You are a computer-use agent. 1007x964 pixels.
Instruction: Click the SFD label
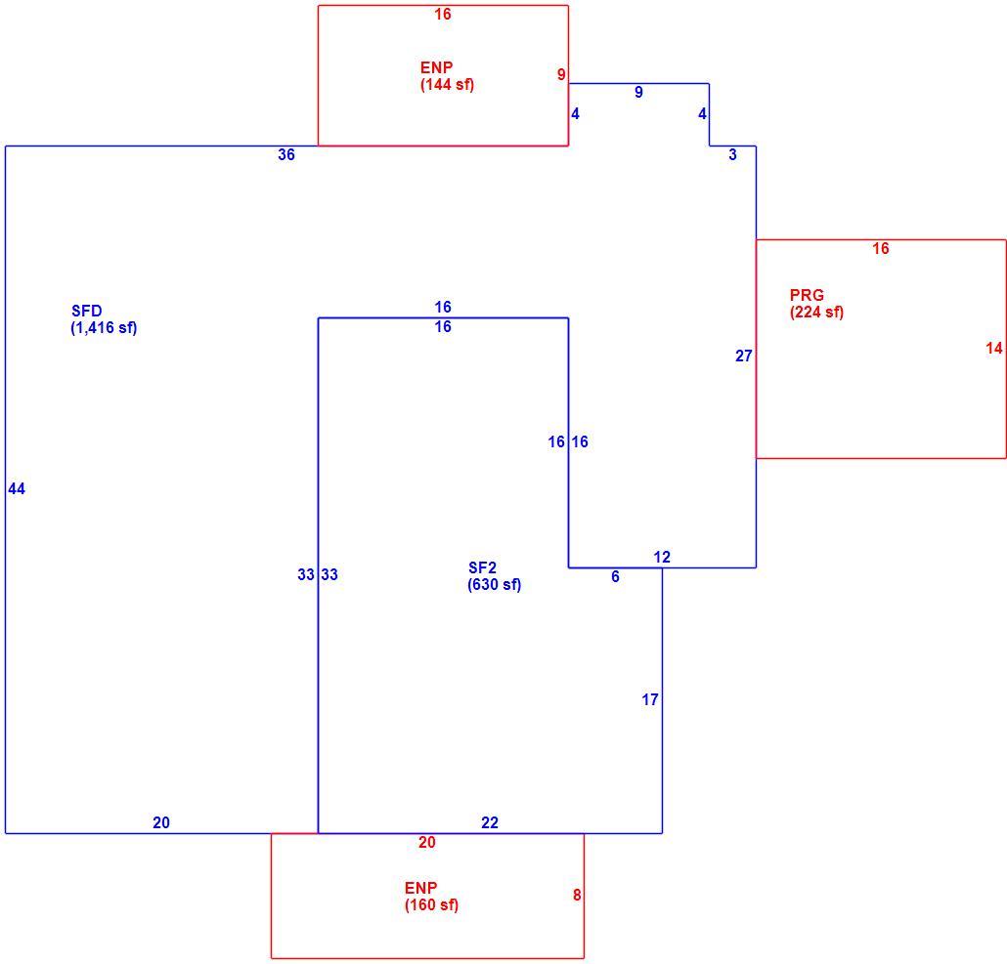[87, 311]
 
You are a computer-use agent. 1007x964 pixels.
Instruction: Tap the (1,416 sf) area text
[104, 328]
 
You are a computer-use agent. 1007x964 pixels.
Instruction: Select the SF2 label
[482, 567]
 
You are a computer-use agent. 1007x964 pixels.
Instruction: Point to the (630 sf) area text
[495, 584]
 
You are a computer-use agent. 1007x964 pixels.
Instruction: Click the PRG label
[807, 295]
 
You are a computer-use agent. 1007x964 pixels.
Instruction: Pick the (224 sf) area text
[817, 312]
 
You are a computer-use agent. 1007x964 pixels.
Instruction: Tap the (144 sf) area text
[448, 84]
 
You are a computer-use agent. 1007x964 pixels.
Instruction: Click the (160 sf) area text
[431, 905]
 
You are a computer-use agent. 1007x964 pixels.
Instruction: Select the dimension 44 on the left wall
[17, 488]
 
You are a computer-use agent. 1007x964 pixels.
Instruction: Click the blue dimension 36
[286, 154]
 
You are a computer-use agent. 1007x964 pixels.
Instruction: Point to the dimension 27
[744, 356]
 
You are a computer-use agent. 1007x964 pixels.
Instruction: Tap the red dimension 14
[994, 349]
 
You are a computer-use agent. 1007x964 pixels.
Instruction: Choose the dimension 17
[650, 699]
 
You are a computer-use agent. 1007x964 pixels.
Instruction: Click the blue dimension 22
[490, 823]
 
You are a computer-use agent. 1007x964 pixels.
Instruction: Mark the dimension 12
[662, 557]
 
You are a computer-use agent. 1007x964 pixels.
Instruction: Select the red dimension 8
[577, 895]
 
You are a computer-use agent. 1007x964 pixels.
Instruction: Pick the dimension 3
[733, 154]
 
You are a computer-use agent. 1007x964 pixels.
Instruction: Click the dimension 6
[615, 576]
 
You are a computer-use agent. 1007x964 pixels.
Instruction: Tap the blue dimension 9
[638, 92]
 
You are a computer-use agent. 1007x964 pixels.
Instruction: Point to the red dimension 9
[561, 75]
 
